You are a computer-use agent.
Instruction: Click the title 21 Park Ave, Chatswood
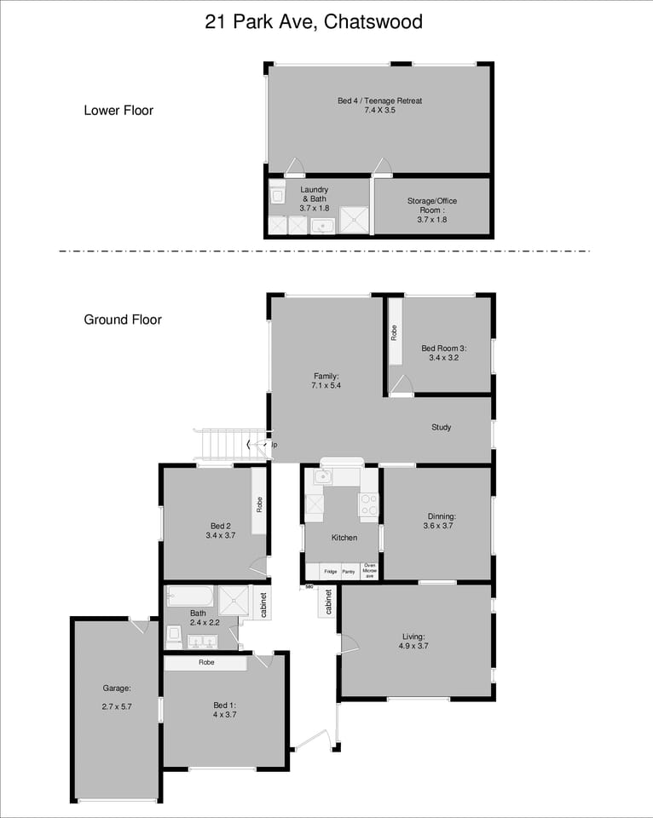[x=314, y=22]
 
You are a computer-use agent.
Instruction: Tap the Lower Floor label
[x=118, y=110]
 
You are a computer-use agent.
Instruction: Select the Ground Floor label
[x=123, y=320]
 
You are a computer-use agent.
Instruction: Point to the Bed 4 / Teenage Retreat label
[x=379, y=101]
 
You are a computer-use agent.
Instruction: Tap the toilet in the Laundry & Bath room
[x=277, y=193]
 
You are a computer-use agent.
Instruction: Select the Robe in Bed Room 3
[x=395, y=332]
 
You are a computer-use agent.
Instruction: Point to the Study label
[x=441, y=428]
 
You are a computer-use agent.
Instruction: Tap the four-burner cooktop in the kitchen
[x=368, y=506]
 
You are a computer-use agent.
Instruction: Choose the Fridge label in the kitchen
[x=330, y=572]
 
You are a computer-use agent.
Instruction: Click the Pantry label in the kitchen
[x=349, y=572]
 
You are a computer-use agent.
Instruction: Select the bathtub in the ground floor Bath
[x=189, y=596]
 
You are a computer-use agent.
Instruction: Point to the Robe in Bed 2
[x=259, y=504]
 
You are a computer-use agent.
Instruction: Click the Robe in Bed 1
[x=205, y=662]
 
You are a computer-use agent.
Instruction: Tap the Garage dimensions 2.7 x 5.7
[x=116, y=706]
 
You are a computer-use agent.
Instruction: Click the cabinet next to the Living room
[x=329, y=602]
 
